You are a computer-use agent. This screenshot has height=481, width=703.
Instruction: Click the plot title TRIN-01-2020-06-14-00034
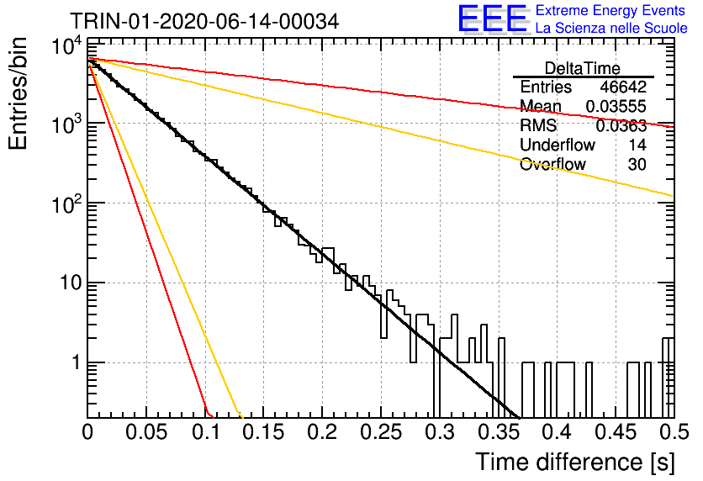pos(204,21)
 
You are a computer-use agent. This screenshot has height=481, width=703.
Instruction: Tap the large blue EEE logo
pos(493,18)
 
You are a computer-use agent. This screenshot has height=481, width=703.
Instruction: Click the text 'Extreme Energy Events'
pos(610,10)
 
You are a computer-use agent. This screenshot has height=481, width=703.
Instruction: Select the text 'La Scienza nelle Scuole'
pos(611,28)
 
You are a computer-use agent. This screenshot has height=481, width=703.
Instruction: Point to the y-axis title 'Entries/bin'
pos(18,93)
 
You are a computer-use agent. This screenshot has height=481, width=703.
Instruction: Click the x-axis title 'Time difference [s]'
pos(575,462)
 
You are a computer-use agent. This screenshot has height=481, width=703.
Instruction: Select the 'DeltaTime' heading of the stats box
pos(582,68)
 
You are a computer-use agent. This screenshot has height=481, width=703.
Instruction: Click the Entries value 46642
pos(623,87)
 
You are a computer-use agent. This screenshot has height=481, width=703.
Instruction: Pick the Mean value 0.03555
pos(616,106)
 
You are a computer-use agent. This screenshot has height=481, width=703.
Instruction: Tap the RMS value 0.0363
pos(621,126)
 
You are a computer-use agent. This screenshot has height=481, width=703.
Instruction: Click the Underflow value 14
pos(637,145)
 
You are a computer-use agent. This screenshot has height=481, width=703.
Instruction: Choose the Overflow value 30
pos(637,165)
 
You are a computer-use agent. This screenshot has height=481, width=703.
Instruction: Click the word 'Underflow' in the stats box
pos(558,145)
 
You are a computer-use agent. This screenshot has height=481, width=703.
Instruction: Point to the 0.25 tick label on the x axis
pos(381,432)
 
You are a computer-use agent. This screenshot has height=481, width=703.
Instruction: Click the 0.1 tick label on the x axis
pos(206,432)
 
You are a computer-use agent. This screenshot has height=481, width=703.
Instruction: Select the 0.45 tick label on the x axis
pos(616,432)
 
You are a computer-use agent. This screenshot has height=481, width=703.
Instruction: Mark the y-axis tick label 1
pos(77,362)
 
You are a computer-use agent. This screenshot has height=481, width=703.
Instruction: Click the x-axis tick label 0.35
pos(499,432)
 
